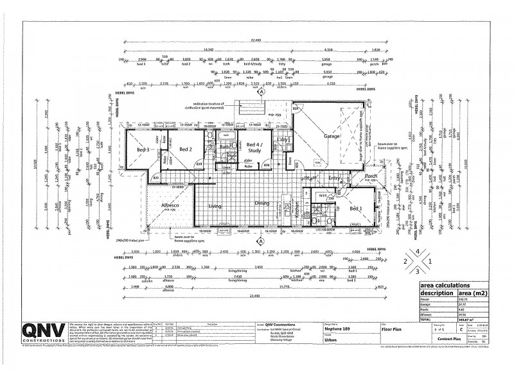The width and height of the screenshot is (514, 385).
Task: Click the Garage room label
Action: point(332,137)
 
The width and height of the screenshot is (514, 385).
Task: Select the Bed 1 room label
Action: point(357,209)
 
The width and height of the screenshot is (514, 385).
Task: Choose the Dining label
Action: point(261,203)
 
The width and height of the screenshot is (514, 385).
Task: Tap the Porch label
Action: point(371,176)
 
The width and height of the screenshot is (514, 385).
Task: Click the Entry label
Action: point(335,178)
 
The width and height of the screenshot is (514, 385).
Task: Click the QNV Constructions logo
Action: point(44,332)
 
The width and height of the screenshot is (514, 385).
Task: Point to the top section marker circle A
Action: point(261,92)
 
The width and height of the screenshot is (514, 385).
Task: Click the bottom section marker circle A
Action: point(261,241)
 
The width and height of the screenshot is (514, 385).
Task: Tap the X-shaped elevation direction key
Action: point(418,262)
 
